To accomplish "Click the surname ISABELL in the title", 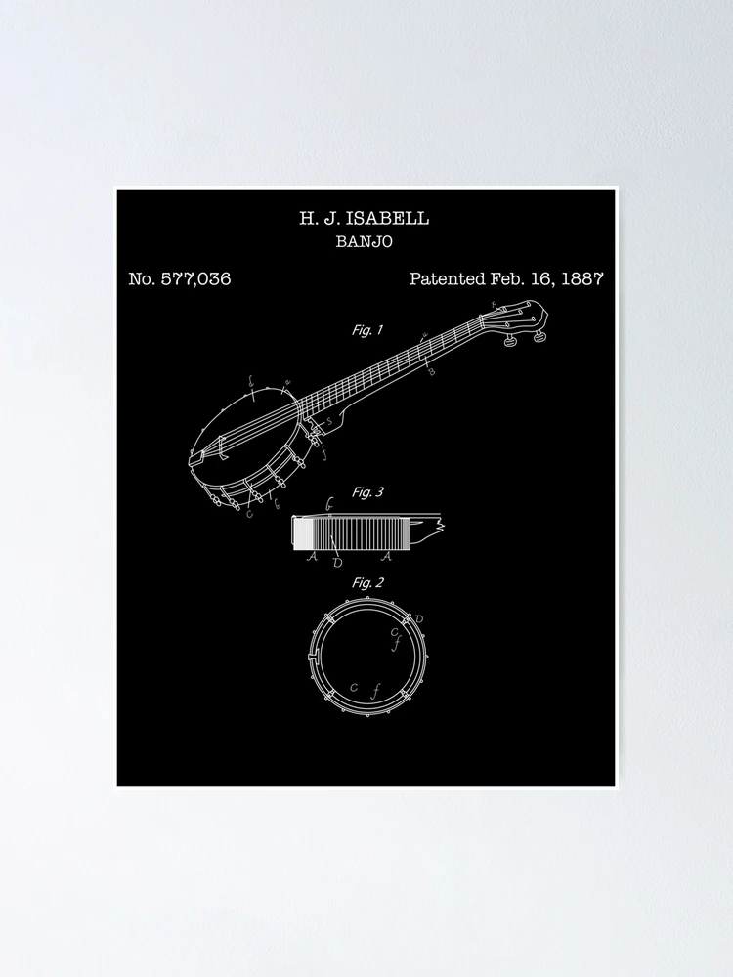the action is point(387,218).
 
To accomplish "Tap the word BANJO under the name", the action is point(364,241).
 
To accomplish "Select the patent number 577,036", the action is point(195,278).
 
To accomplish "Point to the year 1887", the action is point(582,278).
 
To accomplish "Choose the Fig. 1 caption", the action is point(367,330).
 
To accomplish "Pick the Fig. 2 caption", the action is point(367,583).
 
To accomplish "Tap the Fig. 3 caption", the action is point(367,492).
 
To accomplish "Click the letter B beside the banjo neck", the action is point(431,372).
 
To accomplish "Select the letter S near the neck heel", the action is point(329,422).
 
